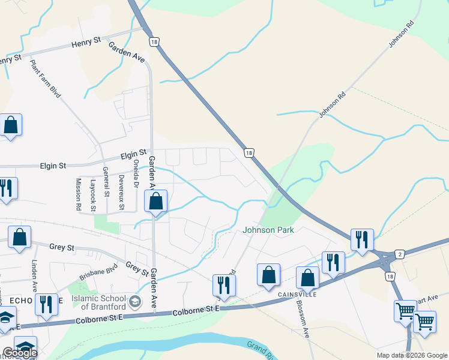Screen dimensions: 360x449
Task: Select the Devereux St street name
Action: point(121,184)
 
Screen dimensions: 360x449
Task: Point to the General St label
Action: point(106,181)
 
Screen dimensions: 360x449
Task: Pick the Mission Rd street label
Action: point(78,193)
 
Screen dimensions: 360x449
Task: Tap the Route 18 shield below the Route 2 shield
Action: point(391,277)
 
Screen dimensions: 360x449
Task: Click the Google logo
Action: point(20,353)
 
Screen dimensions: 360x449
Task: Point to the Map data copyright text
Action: point(411,355)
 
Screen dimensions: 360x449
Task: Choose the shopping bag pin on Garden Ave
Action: point(155,202)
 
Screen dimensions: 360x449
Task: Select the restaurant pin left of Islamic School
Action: point(46,304)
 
